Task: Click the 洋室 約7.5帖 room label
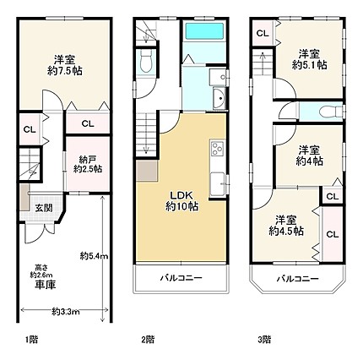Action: point(65,65)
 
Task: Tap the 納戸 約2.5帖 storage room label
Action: point(88,165)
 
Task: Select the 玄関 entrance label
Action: point(44,208)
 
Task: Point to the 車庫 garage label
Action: point(46,285)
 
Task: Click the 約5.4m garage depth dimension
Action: point(94,256)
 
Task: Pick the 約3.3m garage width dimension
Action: point(66,312)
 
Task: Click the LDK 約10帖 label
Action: point(182,201)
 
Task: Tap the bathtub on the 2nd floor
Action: point(204,31)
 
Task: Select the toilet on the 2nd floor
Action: point(146,61)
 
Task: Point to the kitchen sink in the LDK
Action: point(218,183)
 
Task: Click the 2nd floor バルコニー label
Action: point(181,278)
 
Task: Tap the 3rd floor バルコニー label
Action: point(297,279)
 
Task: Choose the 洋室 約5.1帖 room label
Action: point(309,59)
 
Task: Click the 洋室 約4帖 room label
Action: point(309,155)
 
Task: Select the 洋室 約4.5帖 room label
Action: point(286,226)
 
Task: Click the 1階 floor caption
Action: point(30,340)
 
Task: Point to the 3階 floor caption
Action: point(264,340)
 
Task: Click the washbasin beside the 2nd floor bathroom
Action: point(219,98)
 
